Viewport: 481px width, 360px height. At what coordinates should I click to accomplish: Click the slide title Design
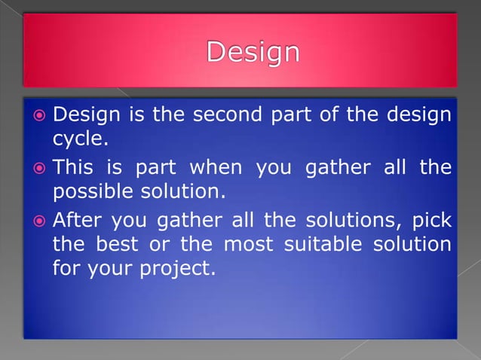pos(253,53)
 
